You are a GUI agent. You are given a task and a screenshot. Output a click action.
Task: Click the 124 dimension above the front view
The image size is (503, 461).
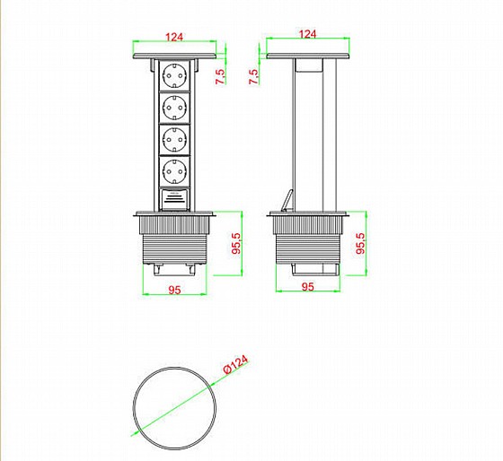click(x=174, y=37)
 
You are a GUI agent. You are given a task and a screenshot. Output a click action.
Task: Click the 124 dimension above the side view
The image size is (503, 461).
click(x=307, y=34)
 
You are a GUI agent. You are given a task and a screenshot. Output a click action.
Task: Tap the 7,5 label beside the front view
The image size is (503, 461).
click(x=221, y=76)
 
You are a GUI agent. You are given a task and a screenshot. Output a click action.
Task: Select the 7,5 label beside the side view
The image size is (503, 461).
click(x=253, y=77)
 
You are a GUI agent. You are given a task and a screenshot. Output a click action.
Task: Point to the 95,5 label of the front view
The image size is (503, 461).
click(x=236, y=243)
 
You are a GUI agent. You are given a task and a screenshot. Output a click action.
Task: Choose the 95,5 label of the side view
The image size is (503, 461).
click(x=361, y=243)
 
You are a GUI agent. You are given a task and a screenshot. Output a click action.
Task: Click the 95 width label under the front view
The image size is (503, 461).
click(x=175, y=290)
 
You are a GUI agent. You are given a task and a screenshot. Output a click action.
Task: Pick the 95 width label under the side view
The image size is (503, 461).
click(x=308, y=286)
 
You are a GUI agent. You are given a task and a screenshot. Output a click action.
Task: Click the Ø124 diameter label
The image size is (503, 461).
click(x=235, y=364)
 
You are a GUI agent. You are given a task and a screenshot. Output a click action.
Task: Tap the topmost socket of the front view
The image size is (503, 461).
click(x=174, y=75)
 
